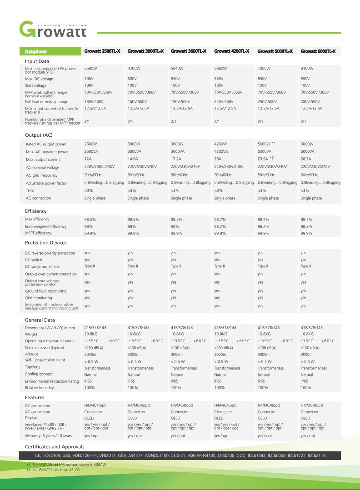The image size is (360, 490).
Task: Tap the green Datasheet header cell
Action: click(x=36, y=51)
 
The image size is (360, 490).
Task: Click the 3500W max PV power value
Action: click(x=91, y=68)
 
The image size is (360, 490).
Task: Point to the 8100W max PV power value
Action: click(x=307, y=68)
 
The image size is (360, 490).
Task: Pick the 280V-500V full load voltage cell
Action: click(x=310, y=101)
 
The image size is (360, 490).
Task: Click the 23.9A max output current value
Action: click(x=264, y=160)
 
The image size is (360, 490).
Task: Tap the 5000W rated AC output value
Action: click(x=264, y=144)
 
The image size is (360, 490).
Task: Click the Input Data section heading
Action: click(x=37, y=61)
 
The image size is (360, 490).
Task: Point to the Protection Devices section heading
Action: click(x=46, y=243)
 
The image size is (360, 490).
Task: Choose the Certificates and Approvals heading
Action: click(x=55, y=446)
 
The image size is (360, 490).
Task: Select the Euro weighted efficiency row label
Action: click(x=45, y=226)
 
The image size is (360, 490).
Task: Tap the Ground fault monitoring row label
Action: click(x=45, y=291)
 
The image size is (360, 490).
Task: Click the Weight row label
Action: click(x=31, y=334)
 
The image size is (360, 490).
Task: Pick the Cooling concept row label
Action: click(x=39, y=375)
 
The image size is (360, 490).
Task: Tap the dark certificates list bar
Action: click(x=180, y=455)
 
